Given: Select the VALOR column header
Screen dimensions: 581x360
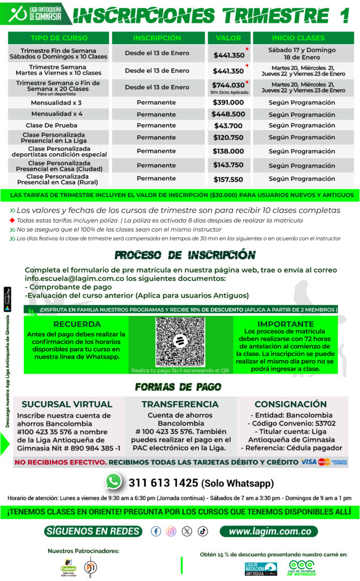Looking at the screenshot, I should pyautogui.click(x=228, y=38).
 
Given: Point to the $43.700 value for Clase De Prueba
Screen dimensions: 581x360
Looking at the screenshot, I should pyautogui.click(x=228, y=125).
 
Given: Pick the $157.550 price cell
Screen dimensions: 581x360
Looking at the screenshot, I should pyautogui.click(x=228, y=179).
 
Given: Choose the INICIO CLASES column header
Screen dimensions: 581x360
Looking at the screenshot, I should pyautogui.click(x=302, y=38).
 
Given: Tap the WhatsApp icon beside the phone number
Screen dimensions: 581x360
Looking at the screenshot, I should pyautogui.click(x=114, y=482).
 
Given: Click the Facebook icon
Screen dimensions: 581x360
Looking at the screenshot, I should pyautogui.click(x=156, y=532).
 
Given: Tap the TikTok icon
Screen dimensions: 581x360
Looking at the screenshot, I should pyautogui.click(x=202, y=532).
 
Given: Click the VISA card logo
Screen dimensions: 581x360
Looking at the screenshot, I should pyautogui.click(x=309, y=462).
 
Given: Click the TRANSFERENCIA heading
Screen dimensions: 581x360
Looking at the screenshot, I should pyautogui.click(x=180, y=405).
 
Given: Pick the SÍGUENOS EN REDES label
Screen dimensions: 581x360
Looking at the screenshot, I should pyautogui.click(x=94, y=532).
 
